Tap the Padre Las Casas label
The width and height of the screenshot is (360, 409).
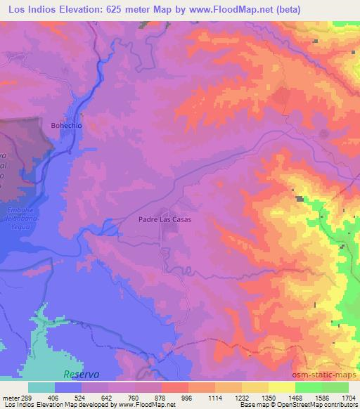[x=165, y=219]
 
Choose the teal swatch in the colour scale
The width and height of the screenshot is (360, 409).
[x=41, y=387]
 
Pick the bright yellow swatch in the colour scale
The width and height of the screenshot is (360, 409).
[x=281, y=387]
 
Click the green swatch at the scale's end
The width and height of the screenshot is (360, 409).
[x=335, y=387]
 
